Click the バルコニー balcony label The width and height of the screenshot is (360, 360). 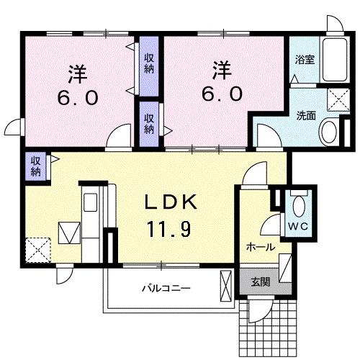(166, 288)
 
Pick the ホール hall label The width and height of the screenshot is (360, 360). (260, 247)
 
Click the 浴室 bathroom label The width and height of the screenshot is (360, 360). (305, 60)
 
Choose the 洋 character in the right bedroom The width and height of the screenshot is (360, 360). (222, 71)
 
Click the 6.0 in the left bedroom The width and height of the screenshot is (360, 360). (78, 98)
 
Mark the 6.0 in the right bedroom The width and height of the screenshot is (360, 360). (222, 94)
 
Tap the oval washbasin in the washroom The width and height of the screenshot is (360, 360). (329, 132)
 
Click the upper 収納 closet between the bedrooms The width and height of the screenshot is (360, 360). (149, 63)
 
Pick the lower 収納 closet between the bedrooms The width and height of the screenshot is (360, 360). (149, 123)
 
